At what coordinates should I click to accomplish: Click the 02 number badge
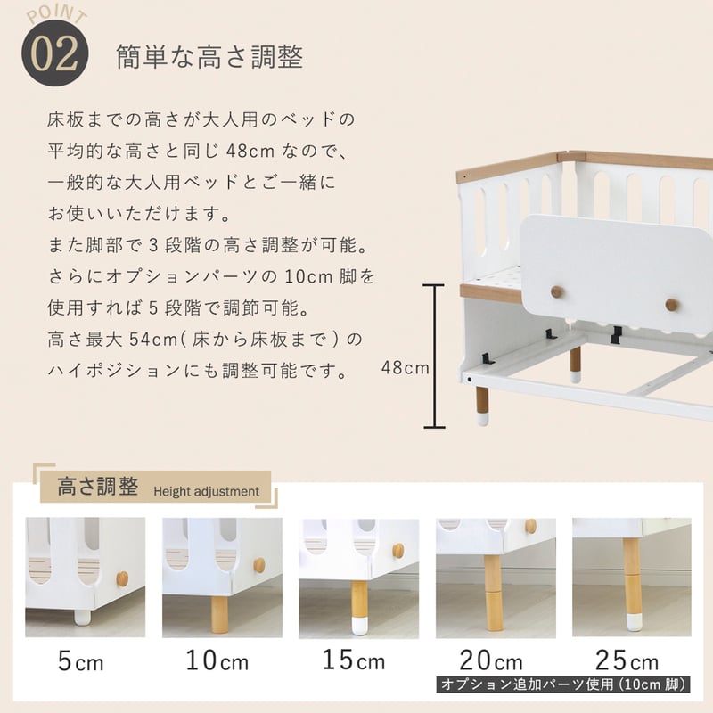click(x=55, y=53)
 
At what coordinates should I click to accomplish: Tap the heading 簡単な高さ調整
click(x=209, y=57)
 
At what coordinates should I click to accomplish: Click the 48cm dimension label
click(x=406, y=367)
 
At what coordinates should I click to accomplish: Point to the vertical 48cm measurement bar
click(x=434, y=356)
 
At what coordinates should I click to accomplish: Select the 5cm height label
click(x=81, y=661)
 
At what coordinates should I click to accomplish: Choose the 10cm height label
click(x=217, y=660)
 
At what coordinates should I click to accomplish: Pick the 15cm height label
click(x=353, y=660)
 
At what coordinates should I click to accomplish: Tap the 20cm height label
click(x=491, y=660)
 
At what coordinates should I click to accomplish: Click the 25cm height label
click(x=627, y=660)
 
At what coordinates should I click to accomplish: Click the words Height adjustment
click(x=207, y=492)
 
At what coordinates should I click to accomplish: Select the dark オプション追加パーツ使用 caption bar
click(x=563, y=684)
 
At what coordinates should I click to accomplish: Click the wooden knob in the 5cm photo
click(x=122, y=578)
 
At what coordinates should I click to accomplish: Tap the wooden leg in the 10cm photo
click(x=219, y=614)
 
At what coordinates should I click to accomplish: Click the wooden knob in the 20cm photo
click(x=530, y=526)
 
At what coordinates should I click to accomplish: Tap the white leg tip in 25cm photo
click(x=635, y=622)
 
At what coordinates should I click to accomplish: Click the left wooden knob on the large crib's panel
click(x=557, y=292)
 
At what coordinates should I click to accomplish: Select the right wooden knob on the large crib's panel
click(x=672, y=305)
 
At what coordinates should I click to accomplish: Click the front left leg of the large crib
click(x=482, y=406)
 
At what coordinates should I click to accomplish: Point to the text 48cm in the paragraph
click(x=250, y=151)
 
